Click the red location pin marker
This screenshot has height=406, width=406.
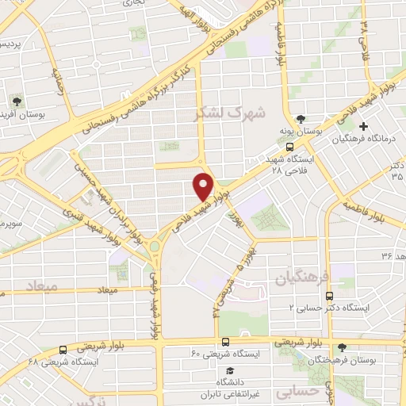coord(204,186)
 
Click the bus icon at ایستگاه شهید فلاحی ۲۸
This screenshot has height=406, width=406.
coord(290,147)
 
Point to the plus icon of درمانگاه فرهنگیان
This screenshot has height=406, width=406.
coord(364,126)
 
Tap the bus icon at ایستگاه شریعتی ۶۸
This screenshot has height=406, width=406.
coord(62,350)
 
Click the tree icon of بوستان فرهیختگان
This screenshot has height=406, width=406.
coord(342,347)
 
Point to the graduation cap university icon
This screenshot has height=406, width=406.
coord(230,371)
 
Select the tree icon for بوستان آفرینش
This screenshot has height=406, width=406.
coord(18,103)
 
